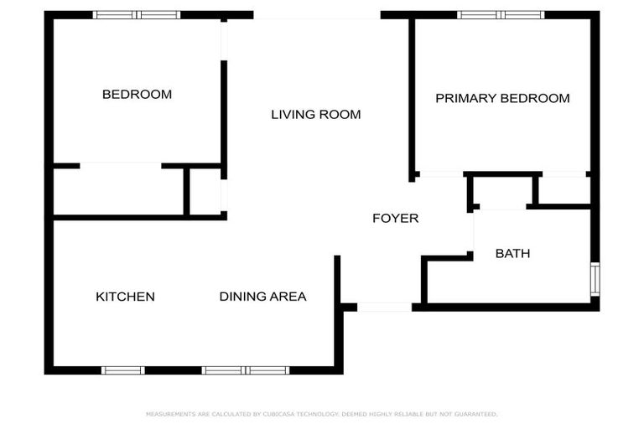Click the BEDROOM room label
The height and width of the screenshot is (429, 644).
click(x=137, y=95)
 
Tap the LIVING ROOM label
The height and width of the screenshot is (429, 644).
click(x=315, y=114)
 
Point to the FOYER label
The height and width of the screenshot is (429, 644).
click(x=395, y=219)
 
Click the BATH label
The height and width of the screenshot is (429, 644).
click(x=512, y=253)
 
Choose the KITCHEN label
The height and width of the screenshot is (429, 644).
click(x=125, y=297)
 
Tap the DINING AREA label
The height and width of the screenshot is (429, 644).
click(x=262, y=297)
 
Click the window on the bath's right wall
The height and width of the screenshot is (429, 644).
click(x=595, y=279)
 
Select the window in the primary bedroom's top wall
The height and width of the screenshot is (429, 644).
click(x=501, y=15)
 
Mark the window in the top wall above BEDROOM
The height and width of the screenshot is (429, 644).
click(x=136, y=15)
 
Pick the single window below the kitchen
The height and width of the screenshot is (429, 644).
click(x=122, y=370)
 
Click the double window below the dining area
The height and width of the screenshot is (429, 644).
click(x=245, y=370)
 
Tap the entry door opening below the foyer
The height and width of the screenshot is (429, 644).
click(x=384, y=308)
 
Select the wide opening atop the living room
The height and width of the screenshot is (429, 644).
click(x=317, y=15)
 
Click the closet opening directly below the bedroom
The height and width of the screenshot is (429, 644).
click(x=120, y=166)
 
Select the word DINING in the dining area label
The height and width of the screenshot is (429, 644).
click(x=238, y=297)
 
